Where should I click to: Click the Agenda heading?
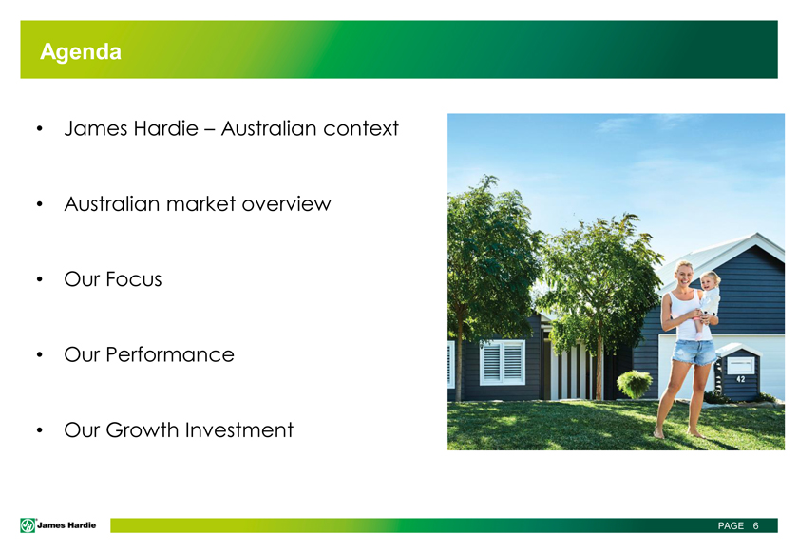point(81,52)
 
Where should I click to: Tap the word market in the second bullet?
point(201,204)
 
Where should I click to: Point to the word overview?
point(287,204)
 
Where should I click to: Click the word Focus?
point(134,279)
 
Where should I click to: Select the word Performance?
point(170,355)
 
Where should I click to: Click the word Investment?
point(239,430)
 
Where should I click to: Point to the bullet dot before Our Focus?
point(40,279)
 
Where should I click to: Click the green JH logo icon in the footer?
point(28,525)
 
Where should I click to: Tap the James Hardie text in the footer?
point(66,525)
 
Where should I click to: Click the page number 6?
point(756,525)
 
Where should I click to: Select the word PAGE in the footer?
point(731,525)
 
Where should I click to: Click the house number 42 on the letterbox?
point(740,379)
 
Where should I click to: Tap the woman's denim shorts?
point(693,352)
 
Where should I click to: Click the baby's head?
point(710,279)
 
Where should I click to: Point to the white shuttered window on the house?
point(502,362)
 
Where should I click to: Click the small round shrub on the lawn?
point(635,385)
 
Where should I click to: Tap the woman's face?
point(685,275)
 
